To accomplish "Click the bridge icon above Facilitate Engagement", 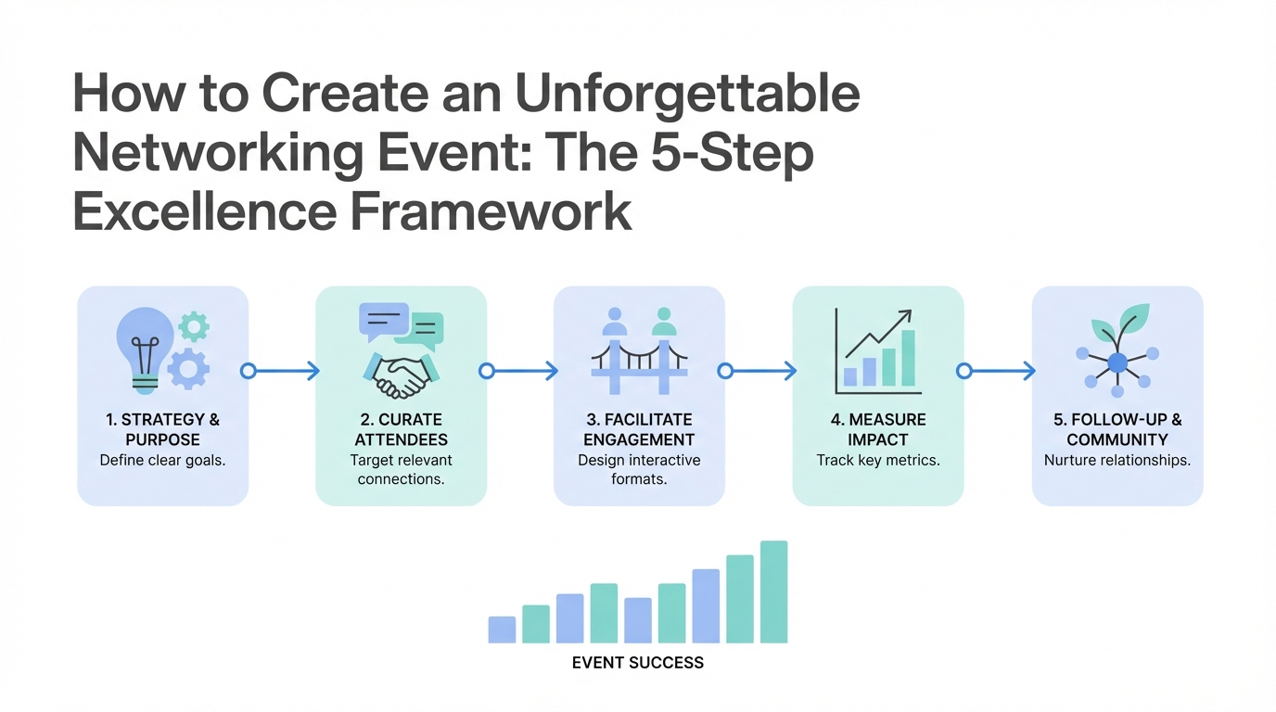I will click(x=639, y=358).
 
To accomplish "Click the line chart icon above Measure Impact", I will click(x=877, y=350).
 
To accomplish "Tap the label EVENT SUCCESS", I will click(x=638, y=663).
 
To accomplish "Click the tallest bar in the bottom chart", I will click(x=773, y=591).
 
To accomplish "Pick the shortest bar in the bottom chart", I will click(x=502, y=629).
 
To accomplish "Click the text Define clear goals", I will click(x=162, y=460).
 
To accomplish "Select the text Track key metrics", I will click(x=878, y=460).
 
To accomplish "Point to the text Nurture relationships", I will click(x=1117, y=460).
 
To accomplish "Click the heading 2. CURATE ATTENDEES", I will click(x=402, y=430).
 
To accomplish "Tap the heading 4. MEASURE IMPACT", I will click(x=878, y=430).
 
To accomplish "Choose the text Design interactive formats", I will click(x=639, y=469).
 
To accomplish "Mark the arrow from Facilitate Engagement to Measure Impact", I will click(x=759, y=371).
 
